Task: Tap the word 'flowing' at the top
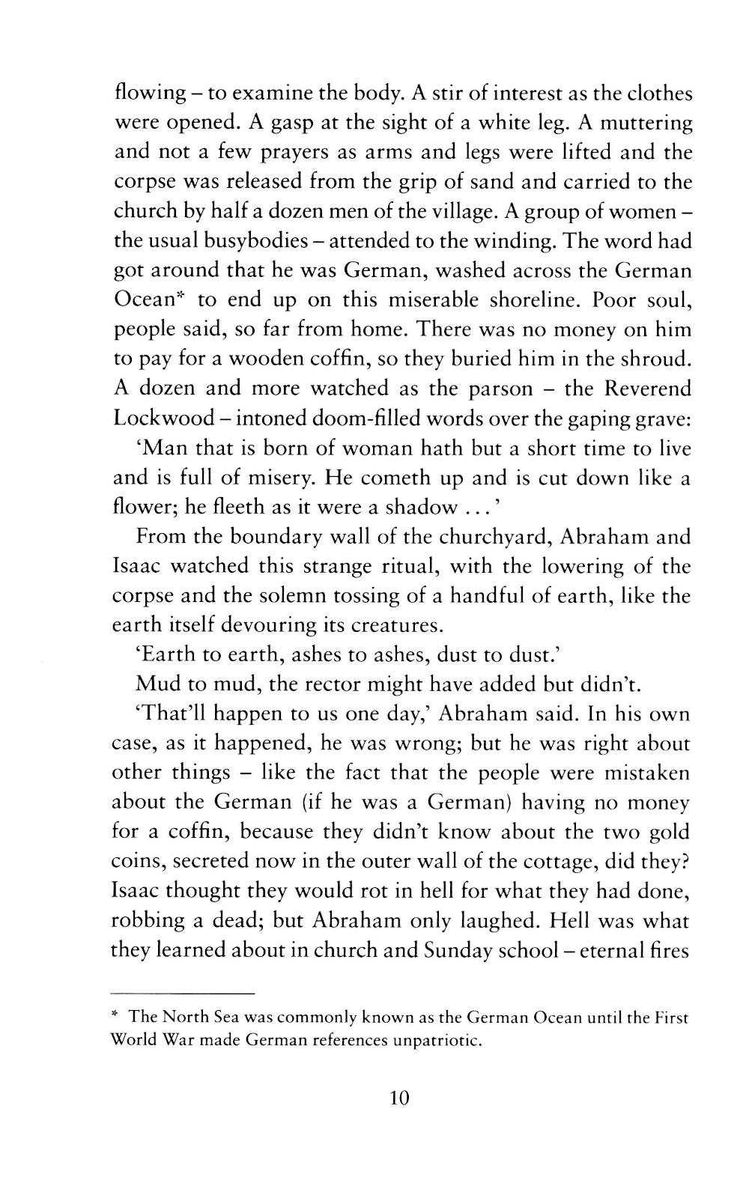pos(150,94)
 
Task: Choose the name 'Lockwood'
pos(163,418)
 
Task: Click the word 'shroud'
pos(652,359)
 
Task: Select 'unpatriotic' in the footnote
pos(436,1041)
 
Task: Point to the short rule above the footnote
pos(184,993)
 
